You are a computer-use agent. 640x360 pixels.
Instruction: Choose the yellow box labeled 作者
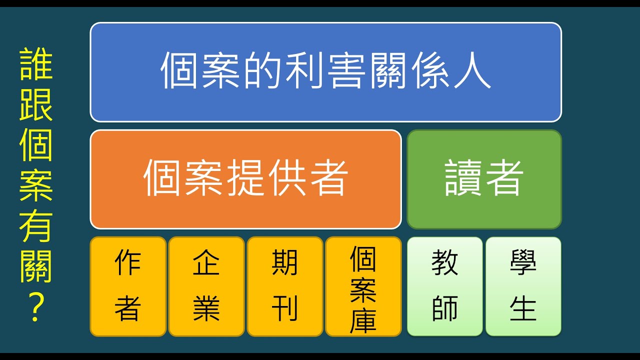point(128,286)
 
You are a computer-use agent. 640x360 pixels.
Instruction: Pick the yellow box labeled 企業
point(206,286)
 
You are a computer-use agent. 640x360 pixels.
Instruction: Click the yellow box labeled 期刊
point(284,286)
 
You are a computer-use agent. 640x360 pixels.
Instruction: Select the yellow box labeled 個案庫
point(363,286)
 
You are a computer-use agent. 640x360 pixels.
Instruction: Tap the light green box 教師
point(444,286)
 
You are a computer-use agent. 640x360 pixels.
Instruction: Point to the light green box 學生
point(523,286)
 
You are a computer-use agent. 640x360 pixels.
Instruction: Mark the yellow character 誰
point(36,65)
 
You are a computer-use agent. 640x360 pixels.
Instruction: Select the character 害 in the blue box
point(344,71)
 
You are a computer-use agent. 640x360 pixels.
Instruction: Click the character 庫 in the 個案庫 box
point(363,318)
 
